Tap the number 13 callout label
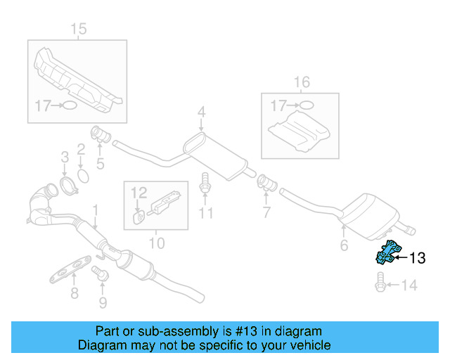click(417, 259)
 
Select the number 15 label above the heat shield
click(79, 29)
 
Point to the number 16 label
click(301, 82)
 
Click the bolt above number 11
click(205, 182)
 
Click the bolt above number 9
click(103, 275)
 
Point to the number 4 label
click(201, 112)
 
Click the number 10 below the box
click(156, 243)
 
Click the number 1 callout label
click(95, 210)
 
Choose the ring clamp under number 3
click(66, 186)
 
